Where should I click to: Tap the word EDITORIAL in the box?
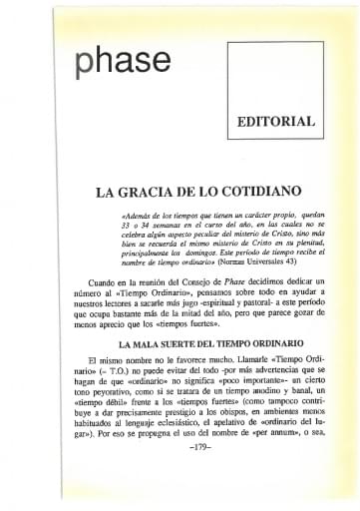[276, 121]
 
